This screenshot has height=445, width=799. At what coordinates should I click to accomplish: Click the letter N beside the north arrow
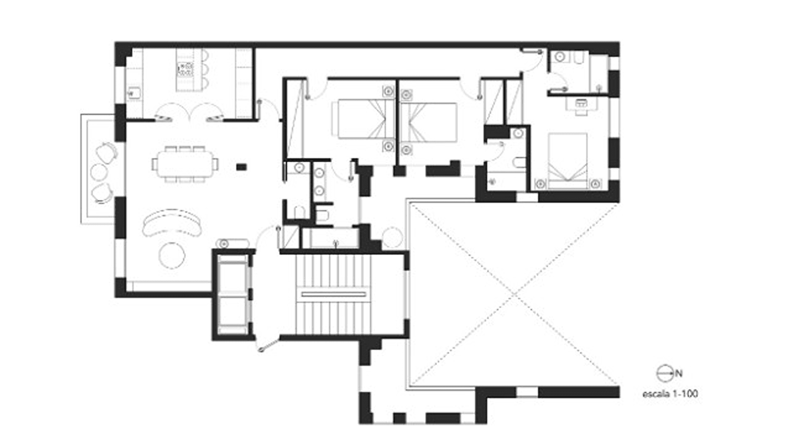coord(679,373)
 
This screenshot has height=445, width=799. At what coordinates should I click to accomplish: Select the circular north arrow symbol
coord(665,373)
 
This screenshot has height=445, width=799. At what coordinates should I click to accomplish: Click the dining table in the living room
coord(185,164)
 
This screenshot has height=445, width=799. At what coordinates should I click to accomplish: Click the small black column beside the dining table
coord(241,167)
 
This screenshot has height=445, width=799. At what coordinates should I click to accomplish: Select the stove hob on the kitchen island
coord(185,69)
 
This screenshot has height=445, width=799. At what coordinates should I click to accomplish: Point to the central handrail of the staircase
coord(333,294)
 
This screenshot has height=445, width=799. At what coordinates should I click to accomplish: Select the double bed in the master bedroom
coord(568,161)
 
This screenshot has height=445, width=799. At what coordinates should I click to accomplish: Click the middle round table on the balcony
coord(99,172)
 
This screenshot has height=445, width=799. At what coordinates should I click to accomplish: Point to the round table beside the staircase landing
coord(392,237)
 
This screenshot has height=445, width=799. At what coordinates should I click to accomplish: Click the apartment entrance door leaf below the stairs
coord(269,345)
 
